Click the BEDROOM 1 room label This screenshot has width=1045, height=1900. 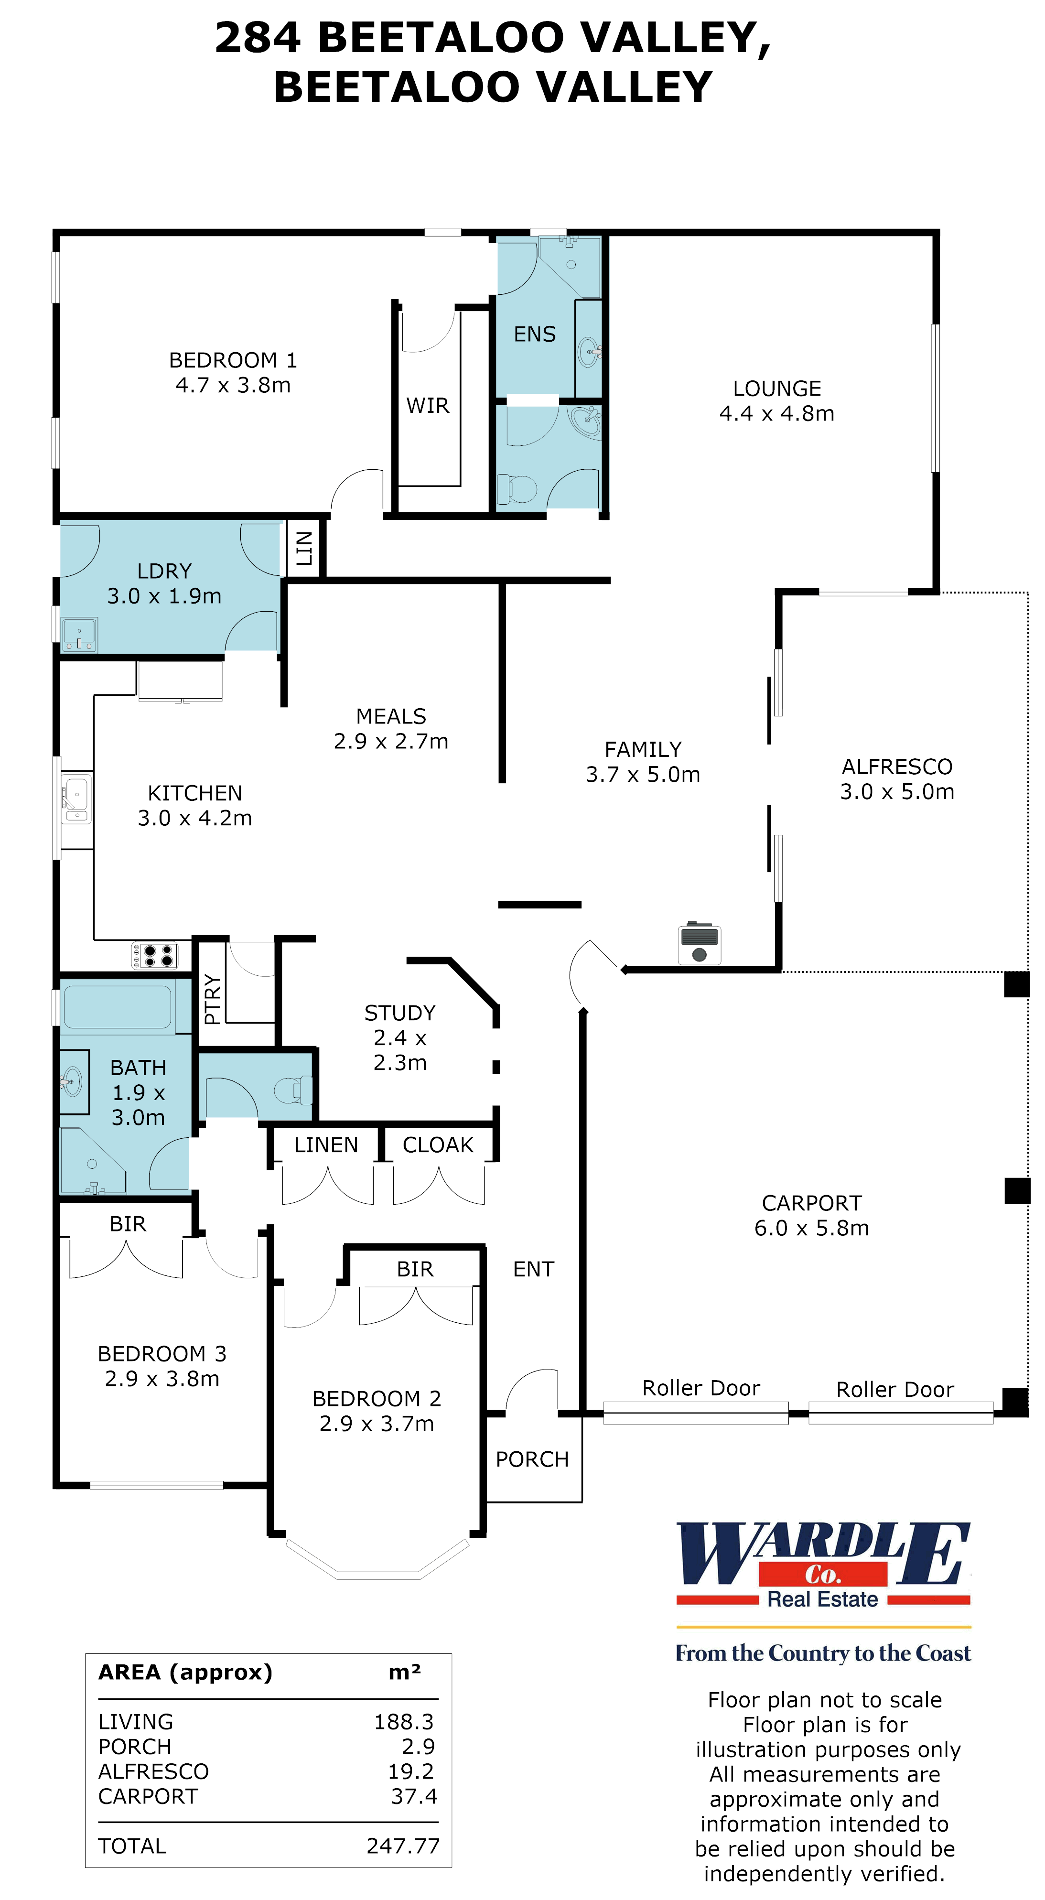point(233,361)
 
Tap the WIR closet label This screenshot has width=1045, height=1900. point(427,406)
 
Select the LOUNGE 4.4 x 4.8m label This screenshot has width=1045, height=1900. point(776,400)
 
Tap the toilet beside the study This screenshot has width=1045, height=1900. point(293,1090)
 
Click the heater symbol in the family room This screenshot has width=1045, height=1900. point(699,944)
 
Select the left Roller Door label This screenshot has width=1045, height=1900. point(700,1388)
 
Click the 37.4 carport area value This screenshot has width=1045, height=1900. point(414,1796)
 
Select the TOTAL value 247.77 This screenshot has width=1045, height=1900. point(403,1846)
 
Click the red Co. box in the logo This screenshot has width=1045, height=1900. point(822,1575)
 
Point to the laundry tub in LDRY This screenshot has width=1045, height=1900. point(79,636)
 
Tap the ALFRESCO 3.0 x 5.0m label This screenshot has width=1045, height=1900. point(897,779)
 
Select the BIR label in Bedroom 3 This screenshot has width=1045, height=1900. point(128,1224)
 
